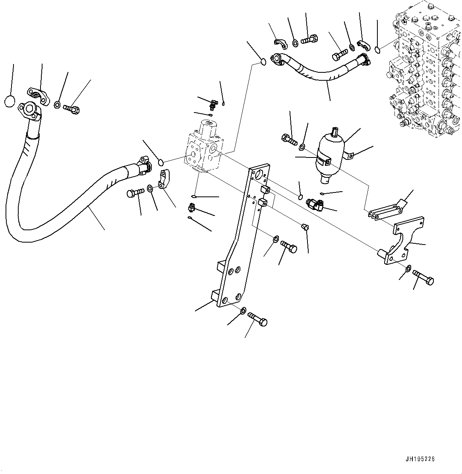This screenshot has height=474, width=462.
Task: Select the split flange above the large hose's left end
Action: [x=37, y=95]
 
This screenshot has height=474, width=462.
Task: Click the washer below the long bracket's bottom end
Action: [x=243, y=310]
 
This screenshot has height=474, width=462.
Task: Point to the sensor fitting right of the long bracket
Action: [x=315, y=204]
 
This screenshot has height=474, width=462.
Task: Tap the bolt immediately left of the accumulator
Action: [x=288, y=140]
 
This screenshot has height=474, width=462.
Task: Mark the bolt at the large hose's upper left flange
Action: [x=72, y=108]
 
